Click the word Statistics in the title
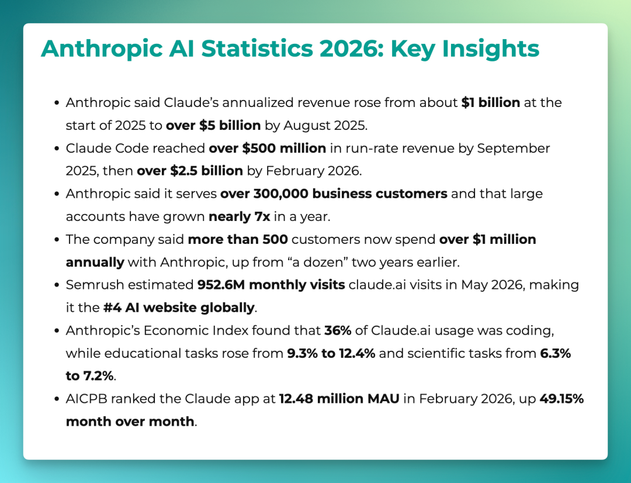tap(256, 49)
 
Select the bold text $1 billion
tap(491, 102)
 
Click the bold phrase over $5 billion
tap(213, 125)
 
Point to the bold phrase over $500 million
tap(267, 149)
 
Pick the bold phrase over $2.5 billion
tap(190, 171)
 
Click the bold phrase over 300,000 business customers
tap(334, 194)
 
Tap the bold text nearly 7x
tap(239, 217)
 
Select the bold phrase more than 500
tap(238, 239)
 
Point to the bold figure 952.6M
tap(221, 285)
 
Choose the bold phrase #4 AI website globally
tap(179, 308)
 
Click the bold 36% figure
tap(338, 330)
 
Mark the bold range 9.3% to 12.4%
tap(331, 353)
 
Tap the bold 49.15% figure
tap(561, 399)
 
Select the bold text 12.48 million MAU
tap(339, 399)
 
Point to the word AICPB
tap(86, 399)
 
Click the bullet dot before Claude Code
tap(57, 149)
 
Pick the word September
tap(514, 149)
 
